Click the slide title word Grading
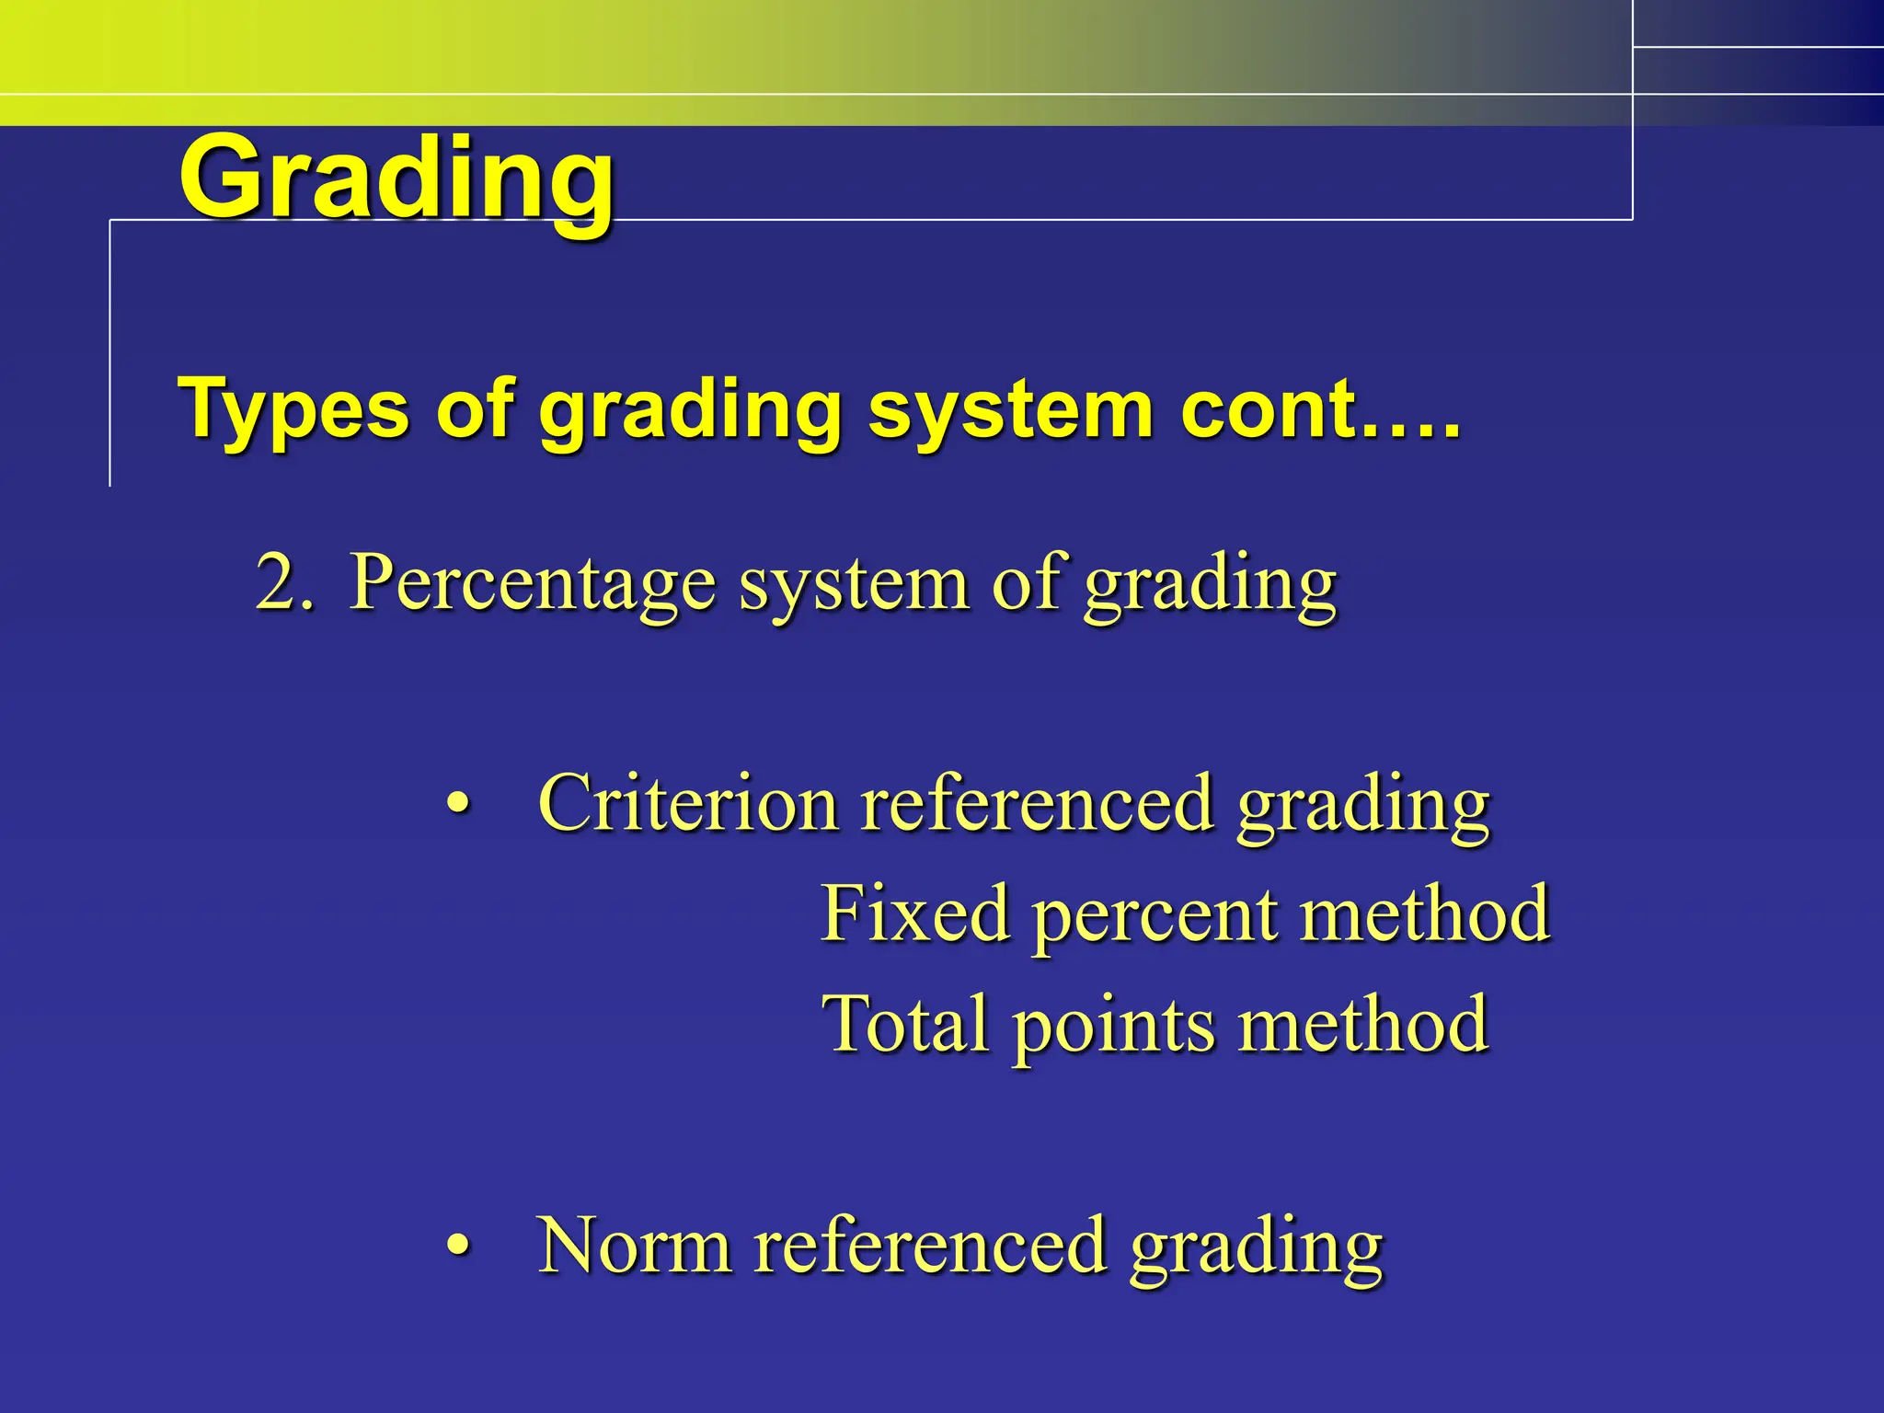coord(396,179)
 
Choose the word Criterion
coord(686,803)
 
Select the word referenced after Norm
coord(929,1246)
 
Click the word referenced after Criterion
coord(1036,803)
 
